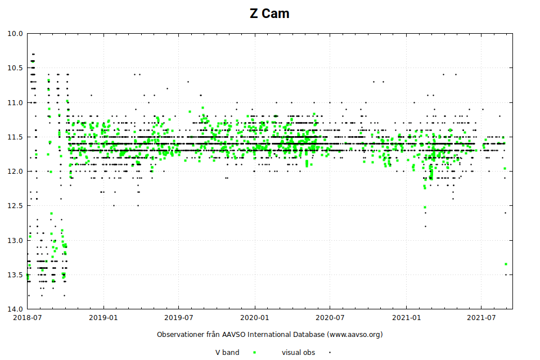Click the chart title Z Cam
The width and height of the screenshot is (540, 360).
269,13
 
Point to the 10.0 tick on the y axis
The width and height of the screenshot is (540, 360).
15,34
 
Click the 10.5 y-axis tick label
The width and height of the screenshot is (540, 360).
15,68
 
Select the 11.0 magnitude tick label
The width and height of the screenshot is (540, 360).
15,102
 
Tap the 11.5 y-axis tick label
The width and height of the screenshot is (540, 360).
15,137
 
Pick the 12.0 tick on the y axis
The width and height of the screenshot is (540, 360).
15,172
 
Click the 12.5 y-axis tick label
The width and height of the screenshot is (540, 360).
15,206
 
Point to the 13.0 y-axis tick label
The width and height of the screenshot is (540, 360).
15,241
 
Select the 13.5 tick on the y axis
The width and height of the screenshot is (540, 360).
15,275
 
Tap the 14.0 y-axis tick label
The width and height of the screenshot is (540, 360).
15,309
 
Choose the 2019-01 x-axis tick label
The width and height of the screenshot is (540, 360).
103,318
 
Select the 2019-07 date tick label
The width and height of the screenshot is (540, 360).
178,318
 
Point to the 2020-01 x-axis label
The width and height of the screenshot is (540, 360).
254,318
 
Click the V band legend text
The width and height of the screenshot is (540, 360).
227,353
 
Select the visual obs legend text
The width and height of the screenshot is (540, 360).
298,353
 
